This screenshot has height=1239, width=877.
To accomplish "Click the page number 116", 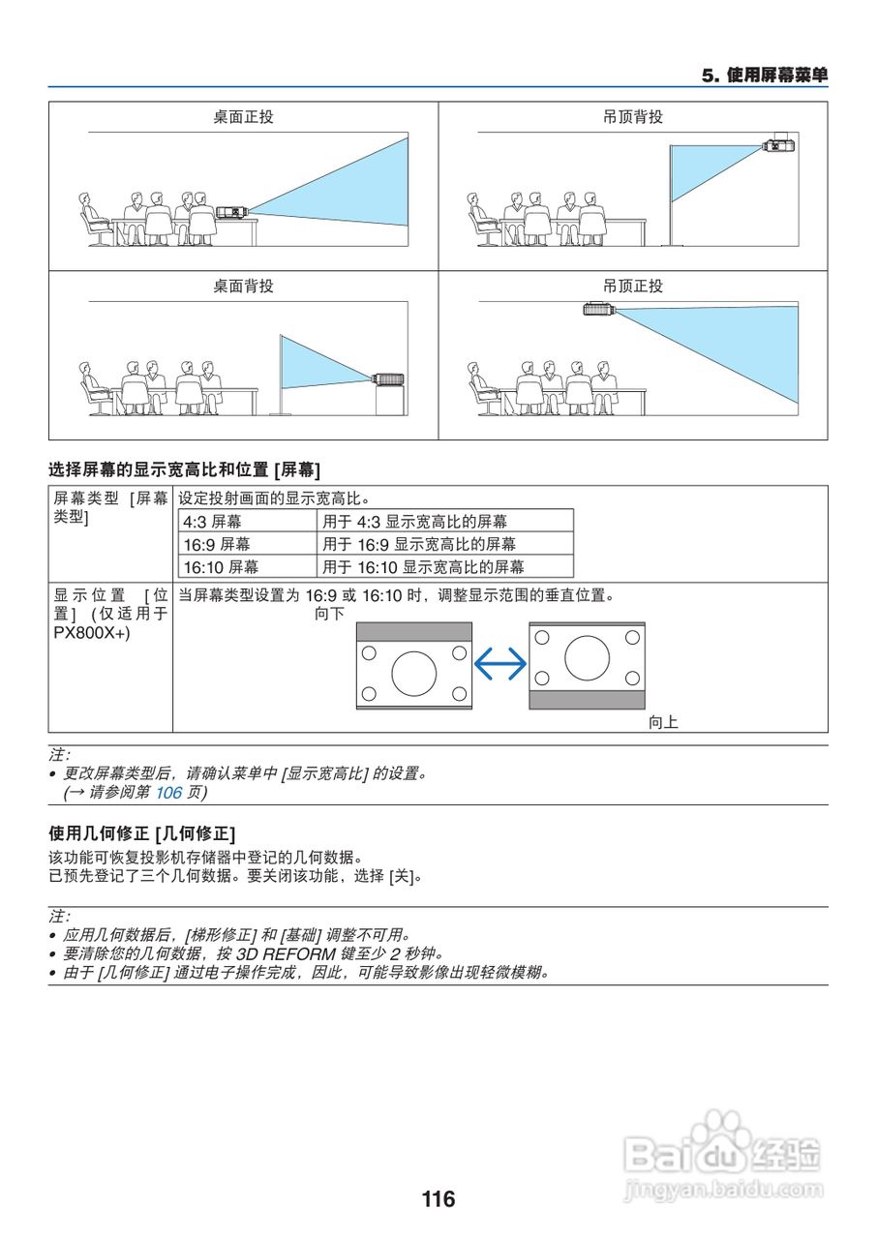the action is point(438,1199).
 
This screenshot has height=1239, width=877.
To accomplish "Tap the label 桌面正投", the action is point(243,117).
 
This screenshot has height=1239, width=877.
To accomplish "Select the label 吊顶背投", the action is point(633,117).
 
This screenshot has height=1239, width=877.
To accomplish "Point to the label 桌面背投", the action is point(243,287).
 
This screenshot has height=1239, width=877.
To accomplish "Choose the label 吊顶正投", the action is point(633,287).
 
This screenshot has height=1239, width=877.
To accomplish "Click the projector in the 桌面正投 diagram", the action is point(231,211).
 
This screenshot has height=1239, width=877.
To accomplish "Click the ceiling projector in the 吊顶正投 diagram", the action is point(598,309).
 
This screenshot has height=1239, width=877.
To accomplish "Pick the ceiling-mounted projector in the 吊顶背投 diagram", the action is point(777,145).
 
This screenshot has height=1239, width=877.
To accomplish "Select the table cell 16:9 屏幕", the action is point(217,544).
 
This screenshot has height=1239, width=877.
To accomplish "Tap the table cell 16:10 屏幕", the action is point(221,567).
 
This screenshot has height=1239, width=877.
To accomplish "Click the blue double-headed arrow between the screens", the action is point(500,663).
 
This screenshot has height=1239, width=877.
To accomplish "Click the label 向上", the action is point(663,722).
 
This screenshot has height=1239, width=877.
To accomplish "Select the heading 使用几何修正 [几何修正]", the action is point(142,833).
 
